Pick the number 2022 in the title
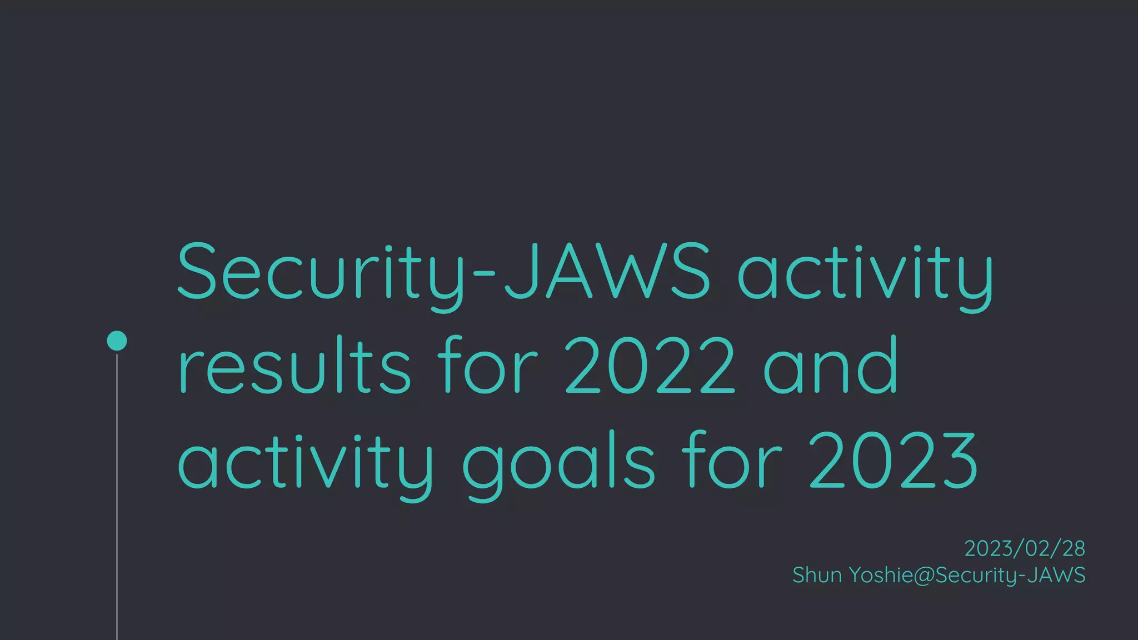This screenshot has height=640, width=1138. [x=650, y=366]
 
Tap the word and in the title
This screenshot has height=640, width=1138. [x=830, y=366]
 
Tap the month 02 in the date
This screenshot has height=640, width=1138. [x=1037, y=549]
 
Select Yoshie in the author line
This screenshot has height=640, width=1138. [x=880, y=575]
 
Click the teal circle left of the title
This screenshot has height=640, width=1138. [x=117, y=341]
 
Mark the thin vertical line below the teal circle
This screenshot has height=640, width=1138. [x=117, y=500]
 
